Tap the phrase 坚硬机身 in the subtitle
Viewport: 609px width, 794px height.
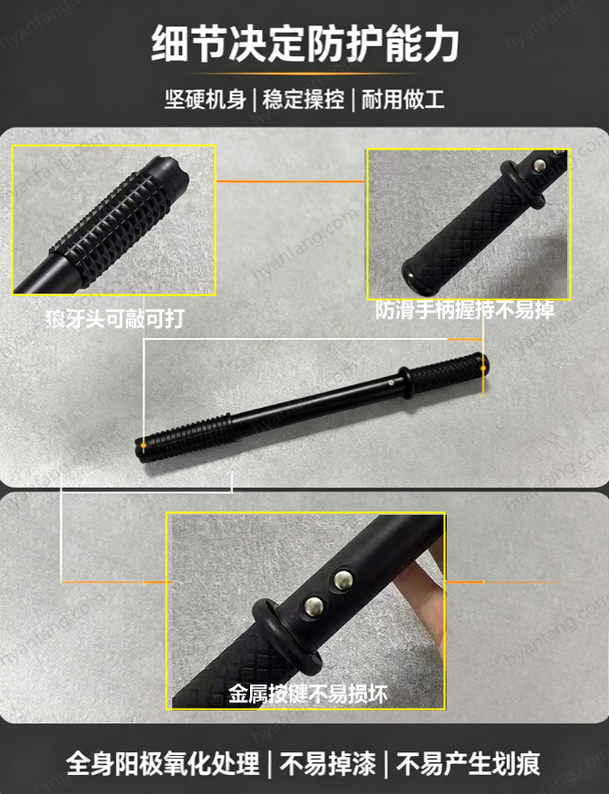[206, 100]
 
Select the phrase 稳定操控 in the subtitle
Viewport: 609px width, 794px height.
[304, 100]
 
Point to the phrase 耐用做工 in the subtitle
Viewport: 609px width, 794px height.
[402, 100]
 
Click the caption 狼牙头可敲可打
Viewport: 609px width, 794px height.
[115, 319]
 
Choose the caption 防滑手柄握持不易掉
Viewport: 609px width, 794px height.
[465, 310]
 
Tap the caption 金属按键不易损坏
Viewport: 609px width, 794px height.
[308, 693]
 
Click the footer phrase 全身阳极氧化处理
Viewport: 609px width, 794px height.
[162, 763]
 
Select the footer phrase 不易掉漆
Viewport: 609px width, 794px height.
[328, 763]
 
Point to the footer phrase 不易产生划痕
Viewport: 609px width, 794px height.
[469, 763]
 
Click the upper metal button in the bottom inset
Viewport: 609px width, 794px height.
[343, 578]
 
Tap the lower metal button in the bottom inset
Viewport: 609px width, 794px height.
[314, 605]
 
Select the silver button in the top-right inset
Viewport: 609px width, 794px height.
[541, 165]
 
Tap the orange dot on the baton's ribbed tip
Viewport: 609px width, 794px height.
[144, 446]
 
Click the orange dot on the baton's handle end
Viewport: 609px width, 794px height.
[483, 368]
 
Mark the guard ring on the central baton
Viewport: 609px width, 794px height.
[405, 381]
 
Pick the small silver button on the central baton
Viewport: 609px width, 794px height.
[392, 382]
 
